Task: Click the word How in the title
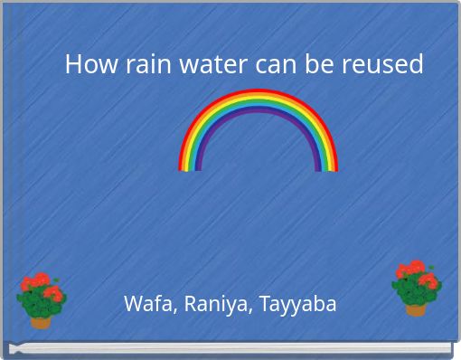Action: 85,64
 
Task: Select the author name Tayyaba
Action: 297,304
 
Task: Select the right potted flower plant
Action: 416,288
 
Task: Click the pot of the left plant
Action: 41,320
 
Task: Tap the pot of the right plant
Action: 416,308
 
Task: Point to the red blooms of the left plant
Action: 41,288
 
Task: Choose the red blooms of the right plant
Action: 414,272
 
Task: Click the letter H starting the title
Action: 73,64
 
